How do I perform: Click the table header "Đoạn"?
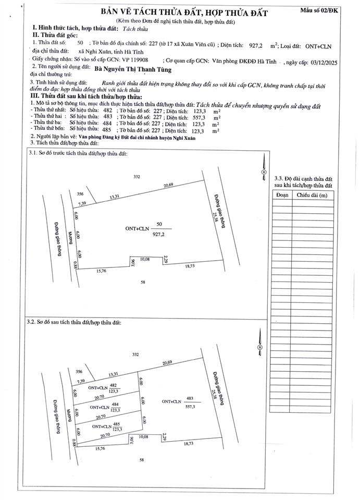282,195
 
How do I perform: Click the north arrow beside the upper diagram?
264,169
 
